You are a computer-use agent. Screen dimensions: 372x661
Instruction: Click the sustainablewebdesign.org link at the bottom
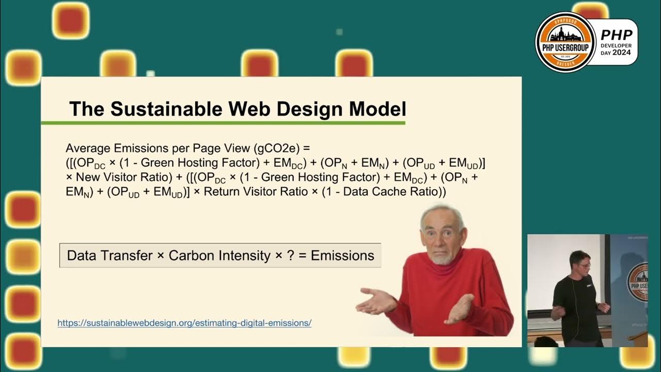[184, 323]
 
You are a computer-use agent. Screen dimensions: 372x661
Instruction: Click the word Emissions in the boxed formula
[342, 255]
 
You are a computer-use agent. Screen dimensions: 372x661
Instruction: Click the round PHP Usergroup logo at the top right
[565, 42]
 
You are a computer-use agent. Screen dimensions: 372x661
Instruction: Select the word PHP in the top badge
[617, 35]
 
